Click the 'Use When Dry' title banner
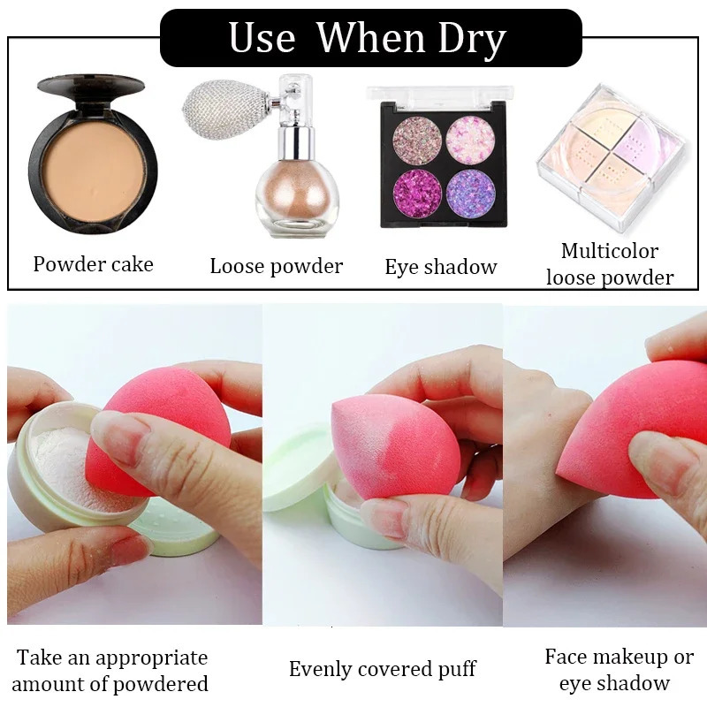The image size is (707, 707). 369,38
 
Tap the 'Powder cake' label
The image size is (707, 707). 93,264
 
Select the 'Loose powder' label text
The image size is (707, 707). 276,266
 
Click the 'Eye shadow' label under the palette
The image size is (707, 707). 441,267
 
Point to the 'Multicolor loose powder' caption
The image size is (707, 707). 610,264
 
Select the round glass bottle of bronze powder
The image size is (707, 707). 291,190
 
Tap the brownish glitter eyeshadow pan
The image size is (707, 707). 410,140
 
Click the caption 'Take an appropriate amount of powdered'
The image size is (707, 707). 110,671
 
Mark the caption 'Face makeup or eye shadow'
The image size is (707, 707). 619,669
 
